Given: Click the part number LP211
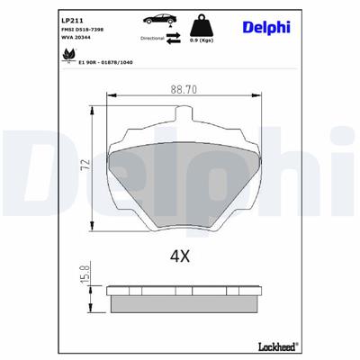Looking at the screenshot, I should click(x=73, y=20).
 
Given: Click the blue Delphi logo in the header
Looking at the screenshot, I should click(x=267, y=26).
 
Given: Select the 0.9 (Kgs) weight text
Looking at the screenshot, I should click(x=200, y=41).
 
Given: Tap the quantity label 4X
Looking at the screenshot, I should click(x=180, y=256).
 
